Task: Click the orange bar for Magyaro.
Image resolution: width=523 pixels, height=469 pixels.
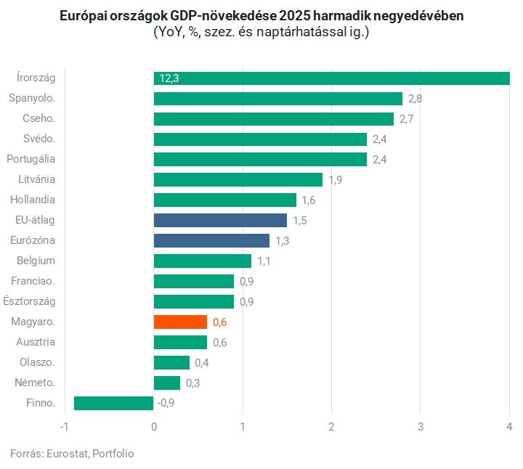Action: point(180,322)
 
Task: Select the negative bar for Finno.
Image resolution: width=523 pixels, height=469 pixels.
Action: point(114,403)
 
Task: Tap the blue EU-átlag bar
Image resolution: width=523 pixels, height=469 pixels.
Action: point(220,220)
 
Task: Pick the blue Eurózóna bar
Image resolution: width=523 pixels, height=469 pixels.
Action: point(211,240)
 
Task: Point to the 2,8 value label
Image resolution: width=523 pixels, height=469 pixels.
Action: point(415,98)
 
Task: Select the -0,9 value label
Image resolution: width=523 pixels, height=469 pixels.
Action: point(166,403)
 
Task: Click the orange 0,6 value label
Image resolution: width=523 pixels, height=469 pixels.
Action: point(219,322)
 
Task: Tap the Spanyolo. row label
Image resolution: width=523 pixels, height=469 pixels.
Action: point(32,97)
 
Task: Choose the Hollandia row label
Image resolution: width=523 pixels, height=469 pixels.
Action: point(33,199)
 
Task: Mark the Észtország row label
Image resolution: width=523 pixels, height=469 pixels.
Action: point(29,301)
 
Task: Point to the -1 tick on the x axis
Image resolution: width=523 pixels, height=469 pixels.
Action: point(64,426)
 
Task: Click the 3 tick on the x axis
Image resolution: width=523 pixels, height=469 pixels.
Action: point(421,426)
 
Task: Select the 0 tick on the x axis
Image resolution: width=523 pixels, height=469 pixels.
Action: point(154,426)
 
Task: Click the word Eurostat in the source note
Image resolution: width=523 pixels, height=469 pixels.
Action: point(67,453)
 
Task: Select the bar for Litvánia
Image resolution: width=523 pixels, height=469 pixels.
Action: point(238,179)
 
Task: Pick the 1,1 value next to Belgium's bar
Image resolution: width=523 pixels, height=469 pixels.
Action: point(264,261)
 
